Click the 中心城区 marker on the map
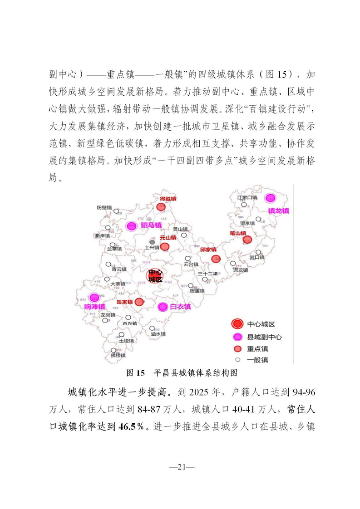point(155,275)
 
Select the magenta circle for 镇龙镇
point(270,198)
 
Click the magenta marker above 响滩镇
point(94,298)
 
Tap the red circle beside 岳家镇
point(139,302)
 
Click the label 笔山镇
point(238,233)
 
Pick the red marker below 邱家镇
point(216,259)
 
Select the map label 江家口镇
point(247,198)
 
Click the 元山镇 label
point(167,238)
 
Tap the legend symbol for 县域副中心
point(237,337)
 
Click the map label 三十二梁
point(207,274)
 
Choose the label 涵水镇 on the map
point(158,334)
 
